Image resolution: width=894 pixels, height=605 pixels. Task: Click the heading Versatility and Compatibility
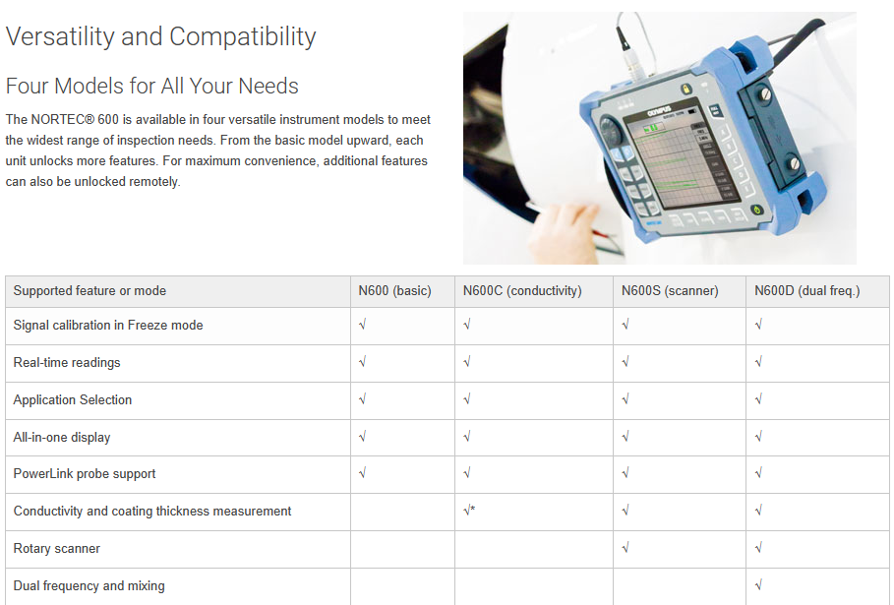[160, 37]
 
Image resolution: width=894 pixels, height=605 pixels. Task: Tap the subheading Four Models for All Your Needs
[152, 87]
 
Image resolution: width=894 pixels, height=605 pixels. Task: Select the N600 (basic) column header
[394, 291]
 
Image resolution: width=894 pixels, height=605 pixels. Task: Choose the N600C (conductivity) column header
[522, 291]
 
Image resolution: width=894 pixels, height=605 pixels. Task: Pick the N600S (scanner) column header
[670, 291]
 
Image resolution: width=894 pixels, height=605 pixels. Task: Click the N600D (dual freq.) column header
[807, 291]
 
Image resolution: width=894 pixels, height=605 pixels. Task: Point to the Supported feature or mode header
[89, 291]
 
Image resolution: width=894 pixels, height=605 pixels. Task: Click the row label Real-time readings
[67, 363]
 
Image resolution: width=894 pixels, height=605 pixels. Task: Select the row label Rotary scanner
[56, 549]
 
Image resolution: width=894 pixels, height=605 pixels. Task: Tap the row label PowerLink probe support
[85, 474]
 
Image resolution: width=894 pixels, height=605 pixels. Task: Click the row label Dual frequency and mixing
[89, 585]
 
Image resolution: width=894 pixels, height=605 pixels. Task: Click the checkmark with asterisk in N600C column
[469, 511]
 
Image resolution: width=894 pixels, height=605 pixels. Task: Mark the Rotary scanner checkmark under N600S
[626, 548]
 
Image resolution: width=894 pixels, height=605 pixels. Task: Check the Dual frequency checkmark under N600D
[758, 585]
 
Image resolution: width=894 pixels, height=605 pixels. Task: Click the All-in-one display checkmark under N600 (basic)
[362, 437]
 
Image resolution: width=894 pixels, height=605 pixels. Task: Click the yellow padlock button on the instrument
[685, 89]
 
